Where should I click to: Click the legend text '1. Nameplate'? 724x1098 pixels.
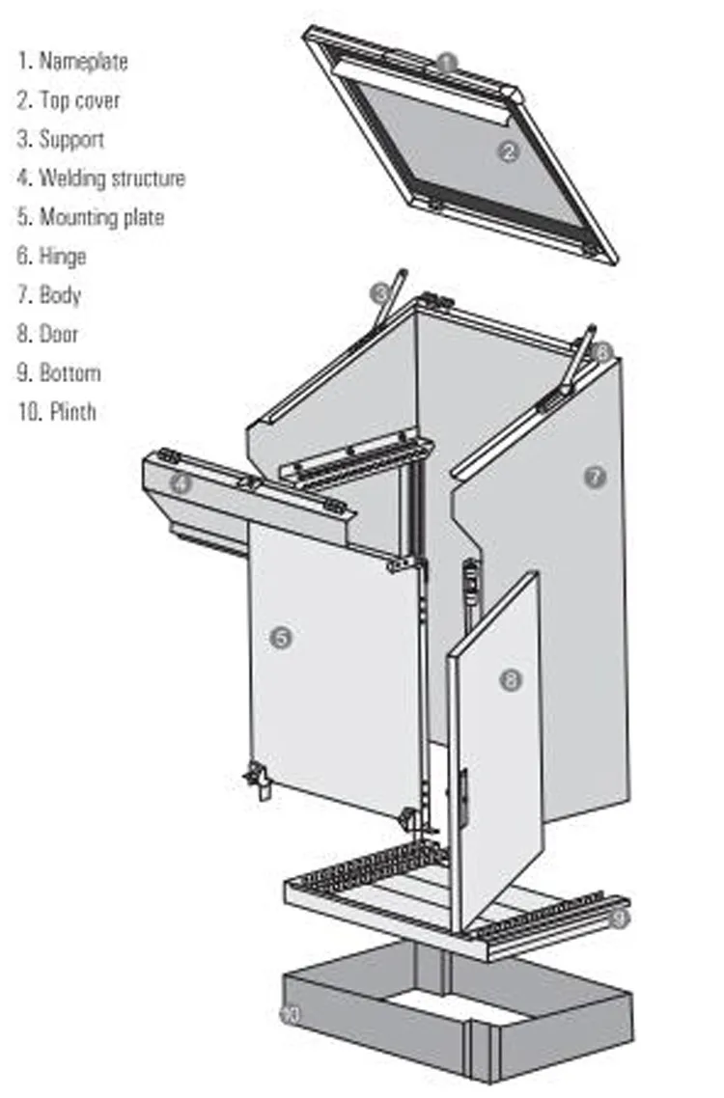tap(72, 62)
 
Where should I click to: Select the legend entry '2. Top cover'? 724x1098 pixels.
tap(69, 100)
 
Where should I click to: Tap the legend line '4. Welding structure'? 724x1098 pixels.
tap(100, 178)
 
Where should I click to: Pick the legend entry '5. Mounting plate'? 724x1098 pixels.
tap(91, 217)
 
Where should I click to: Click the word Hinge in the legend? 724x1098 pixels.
tap(62, 257)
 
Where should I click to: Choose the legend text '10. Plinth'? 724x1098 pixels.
tap(57, 412)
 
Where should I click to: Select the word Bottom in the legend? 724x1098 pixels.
tap(70, 373)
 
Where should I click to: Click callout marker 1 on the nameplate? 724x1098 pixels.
tap(445, 63)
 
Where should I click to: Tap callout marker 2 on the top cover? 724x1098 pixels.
tap(511, 151)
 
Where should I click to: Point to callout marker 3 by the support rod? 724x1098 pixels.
tap(381, 292)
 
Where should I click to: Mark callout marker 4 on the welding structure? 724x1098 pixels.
tap(181, 483)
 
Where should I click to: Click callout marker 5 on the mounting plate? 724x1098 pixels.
tap(281, 638)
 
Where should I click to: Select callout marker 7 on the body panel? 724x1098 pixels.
tap(596, 476)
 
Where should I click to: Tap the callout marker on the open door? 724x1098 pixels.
tap(510, 680)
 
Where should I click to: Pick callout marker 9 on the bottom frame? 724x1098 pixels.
tap(618, 918)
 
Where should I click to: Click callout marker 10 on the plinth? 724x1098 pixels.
tap(289, 1014)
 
